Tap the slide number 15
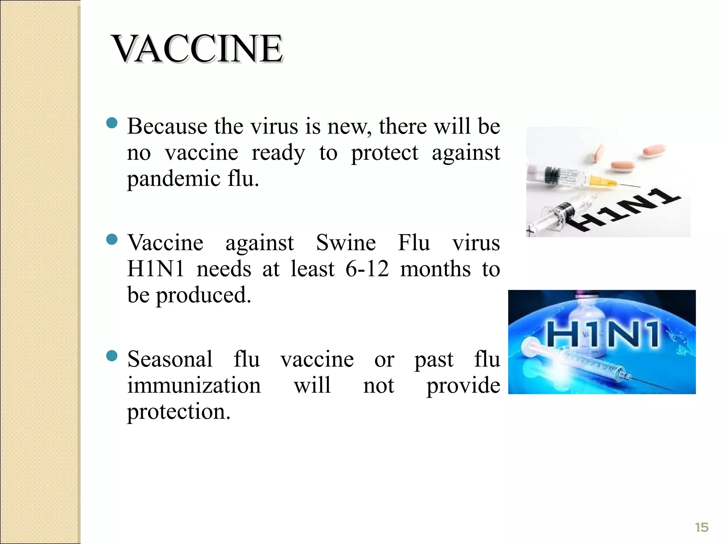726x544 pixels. click(x=702, y=527)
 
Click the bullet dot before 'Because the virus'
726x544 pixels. click(x=112, y=123)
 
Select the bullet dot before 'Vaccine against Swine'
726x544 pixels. click(x=112, y=239)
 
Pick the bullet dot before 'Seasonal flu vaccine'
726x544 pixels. click(x=112, y=356)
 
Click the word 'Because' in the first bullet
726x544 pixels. click(x=167, y=126)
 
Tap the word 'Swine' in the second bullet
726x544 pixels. click(x=346, y=243)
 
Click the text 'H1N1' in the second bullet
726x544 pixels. click(x=156, y=269)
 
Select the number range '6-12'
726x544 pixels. click(x=367, y=269)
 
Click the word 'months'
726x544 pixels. click(x=435, y=269)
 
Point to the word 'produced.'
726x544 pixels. click(x=203, y=295)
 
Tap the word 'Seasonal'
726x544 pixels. click(x=170, y=359)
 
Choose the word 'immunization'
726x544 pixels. click(x=194, y=385)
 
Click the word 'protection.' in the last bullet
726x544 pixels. click(x=179, y=412)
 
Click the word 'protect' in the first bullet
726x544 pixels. click(x=385, y=153)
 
